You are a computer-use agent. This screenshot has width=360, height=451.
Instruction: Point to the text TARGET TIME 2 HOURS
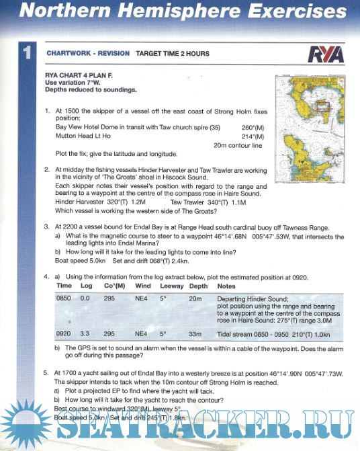click(173, 54)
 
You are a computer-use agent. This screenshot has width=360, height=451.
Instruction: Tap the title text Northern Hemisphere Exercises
click(180, 12)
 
